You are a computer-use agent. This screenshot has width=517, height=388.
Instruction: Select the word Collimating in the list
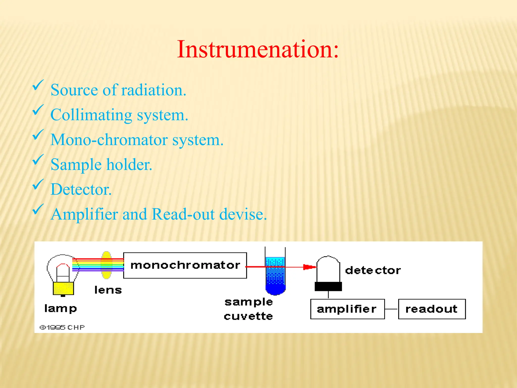pos(91,115)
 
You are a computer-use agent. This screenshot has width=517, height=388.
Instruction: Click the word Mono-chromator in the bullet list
pos(109,140)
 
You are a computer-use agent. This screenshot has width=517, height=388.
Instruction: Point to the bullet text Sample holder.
pos(101,165)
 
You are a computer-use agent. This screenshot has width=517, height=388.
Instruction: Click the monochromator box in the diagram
pos(185,265)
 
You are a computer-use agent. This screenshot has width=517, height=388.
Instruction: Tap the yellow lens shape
pos(106,265)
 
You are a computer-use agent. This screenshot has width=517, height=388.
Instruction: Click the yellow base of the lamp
pos(63,288)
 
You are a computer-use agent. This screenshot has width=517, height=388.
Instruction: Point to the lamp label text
pos(61,308)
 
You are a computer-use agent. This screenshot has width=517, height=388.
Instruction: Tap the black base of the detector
pos(328,286)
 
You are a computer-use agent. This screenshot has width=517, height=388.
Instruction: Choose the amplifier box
pos(347,309)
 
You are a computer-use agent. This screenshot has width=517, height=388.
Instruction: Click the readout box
pos(432,309)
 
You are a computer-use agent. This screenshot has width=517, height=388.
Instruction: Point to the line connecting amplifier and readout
pos(391,309)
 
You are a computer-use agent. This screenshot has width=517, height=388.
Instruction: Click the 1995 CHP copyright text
pos(62,327)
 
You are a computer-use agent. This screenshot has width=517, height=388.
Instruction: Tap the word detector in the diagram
pos(373,270)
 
